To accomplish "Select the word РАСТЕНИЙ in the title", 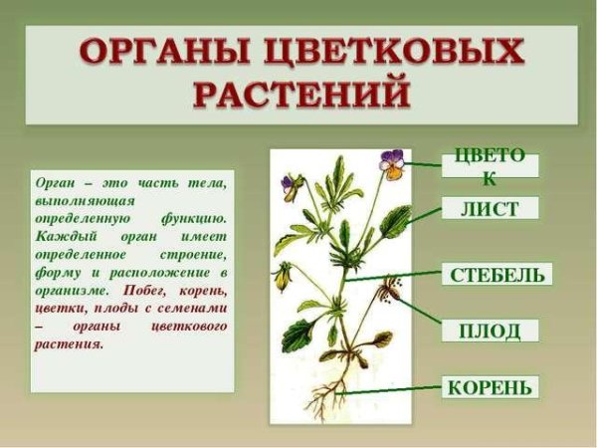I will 300,95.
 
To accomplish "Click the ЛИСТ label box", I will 491,208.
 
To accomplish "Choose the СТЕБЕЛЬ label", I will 497,274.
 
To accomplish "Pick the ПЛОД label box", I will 490,331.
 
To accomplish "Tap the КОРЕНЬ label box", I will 491,386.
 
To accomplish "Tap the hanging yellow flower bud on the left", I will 284,276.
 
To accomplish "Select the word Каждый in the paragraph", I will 59,236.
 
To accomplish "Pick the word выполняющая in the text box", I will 76,200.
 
